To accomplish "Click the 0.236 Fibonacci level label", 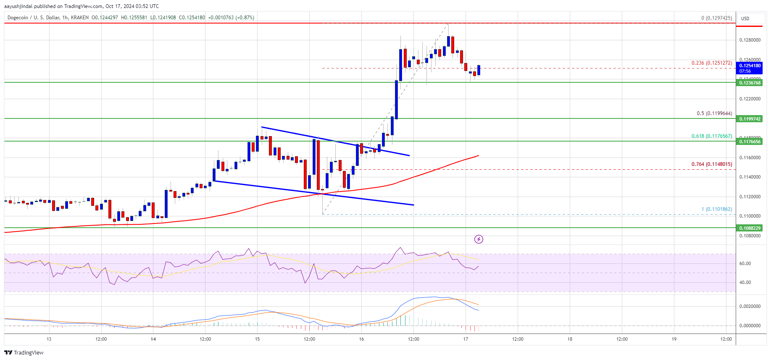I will pyautogui.click(x=711, y=63).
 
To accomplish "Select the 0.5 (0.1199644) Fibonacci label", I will pyautogui.click(x=714, y=113).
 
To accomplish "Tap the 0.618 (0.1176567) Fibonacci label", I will pyautogui.click(x=712, y=136).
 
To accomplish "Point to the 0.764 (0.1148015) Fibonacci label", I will pyautogui.click(x=712, y=164).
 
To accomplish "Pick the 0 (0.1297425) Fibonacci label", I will pyautogui.click(x=716, y=18).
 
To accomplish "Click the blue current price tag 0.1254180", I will pyautogui.click(x=750, y=68).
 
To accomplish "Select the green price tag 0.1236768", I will pyautogui.click(x=750, y=83).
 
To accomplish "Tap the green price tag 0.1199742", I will pyautogui.click(x=750, y=119).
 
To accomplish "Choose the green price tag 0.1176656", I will pyautogui.click(x=750, y=142).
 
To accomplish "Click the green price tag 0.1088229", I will pyautogui.click(x=750, y=228).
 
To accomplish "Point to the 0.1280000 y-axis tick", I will pyautogui.click(x=750, y=40).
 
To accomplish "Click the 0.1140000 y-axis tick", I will pyautogui.click(x=750, y=177).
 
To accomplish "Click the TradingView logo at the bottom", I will pyautogui.click(x=24, y=352).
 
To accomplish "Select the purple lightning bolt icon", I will pyautogui.click(x=479, y=239).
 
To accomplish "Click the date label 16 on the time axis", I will pyautogui.click(x=361, y=339).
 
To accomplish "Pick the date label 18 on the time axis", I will pyautogui.click(x=570, y=339).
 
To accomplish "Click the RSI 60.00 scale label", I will pyautogui.click(x=745, y=264).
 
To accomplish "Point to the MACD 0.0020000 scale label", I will pyautogui.click(x=750, y=307).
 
